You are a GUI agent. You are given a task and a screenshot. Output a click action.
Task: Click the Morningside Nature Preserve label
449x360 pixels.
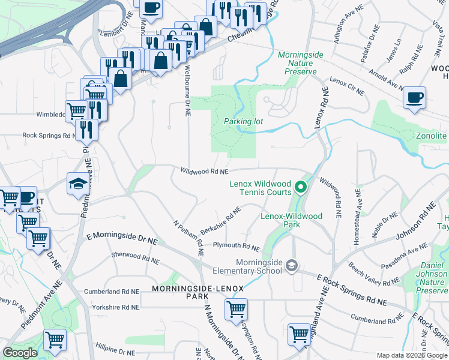(301, 63)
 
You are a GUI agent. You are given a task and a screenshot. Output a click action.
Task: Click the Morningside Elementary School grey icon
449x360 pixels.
(292, 265)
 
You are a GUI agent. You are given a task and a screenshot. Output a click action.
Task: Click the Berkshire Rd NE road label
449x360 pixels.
(220, 220)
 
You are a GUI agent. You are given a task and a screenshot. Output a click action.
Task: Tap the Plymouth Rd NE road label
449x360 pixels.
(236, 247)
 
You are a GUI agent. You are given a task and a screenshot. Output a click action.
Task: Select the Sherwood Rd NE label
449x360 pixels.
(135, 258)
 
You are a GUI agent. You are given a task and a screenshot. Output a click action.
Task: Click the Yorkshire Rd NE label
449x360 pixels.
(115, 307)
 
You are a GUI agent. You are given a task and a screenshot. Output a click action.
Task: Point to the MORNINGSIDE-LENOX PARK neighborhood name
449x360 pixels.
(197, 292)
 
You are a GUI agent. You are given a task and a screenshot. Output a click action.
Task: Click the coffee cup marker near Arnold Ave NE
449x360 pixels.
(414, 98)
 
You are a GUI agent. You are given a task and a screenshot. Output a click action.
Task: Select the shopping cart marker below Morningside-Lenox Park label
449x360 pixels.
(237, 310)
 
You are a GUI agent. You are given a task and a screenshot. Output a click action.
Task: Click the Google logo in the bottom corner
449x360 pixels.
(20, 353)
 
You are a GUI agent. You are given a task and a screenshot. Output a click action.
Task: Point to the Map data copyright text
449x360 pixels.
(412, 356)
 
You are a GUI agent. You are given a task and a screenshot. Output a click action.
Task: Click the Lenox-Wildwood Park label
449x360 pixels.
(291, 220)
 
